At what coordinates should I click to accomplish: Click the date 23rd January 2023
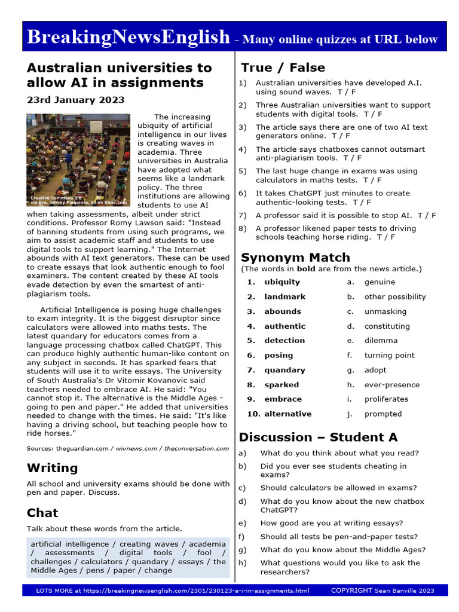tap(75, 100)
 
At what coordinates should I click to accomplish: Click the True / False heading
tap(283, 68)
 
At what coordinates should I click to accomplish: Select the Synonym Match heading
tap(295, 258)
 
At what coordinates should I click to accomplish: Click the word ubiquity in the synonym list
tap(282, 282)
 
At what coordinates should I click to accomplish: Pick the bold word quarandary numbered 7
tap(284, 370)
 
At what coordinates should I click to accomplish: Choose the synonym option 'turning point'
tap(389, 355)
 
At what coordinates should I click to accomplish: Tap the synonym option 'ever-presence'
tap(392, 385)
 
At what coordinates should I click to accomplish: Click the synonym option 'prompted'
tap(383, 414)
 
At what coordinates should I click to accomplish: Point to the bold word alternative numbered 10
tap(287, 414)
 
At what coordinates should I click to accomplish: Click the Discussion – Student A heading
tap(318, 437)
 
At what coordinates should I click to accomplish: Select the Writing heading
tap(52, 467)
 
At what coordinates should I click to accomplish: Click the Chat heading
tap(42, 513)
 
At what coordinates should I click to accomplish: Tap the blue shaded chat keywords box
tap(128, 557)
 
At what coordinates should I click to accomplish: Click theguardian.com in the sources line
tap(82, 448)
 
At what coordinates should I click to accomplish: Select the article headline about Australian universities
tap(119, 75)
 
